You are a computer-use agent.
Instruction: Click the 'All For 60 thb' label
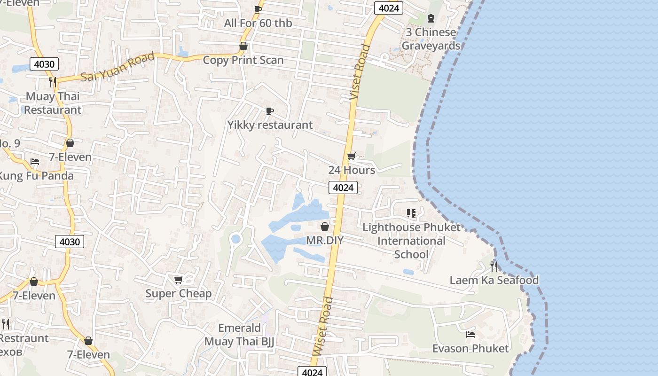coord(258,23)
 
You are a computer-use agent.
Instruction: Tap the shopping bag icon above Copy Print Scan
coord(243,46)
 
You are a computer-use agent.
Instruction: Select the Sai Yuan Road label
coord(117,67)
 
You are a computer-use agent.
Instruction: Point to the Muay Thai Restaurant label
coord(53,103)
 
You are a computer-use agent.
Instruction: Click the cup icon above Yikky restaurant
coord(269,111)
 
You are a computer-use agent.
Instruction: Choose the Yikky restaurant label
coord(270,125)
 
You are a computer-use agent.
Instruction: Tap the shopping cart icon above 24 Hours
coord(351,157)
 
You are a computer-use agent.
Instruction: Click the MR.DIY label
coord(325,241)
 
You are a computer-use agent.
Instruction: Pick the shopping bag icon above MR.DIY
coord(324,227)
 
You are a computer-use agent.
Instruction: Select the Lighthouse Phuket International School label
coord(412,241)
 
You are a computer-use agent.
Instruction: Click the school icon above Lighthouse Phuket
coord(411,213)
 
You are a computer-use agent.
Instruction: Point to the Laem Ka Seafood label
coord(494,281)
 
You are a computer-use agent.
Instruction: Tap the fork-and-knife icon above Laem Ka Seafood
coord(493,266)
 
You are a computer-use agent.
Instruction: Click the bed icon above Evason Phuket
coord(470,335)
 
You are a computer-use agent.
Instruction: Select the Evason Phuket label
coord(470,349)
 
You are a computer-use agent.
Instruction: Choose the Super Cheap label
coord(179,294)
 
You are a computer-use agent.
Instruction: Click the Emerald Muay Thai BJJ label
coord(239,335)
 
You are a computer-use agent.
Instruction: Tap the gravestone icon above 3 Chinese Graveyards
coord(431,18)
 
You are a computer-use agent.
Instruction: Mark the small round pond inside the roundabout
coord(236,240)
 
